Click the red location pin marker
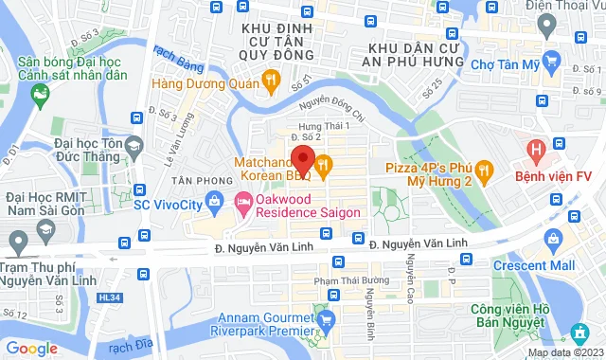(302, 157)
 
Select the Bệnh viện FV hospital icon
(537, 150)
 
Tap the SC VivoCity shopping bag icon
(215, 201)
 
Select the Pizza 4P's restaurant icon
(485, 171)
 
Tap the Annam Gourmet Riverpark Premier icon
(328, 318)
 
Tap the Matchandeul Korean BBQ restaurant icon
(323, 167)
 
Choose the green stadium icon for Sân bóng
(40, 94)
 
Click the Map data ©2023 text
(563, 352)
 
